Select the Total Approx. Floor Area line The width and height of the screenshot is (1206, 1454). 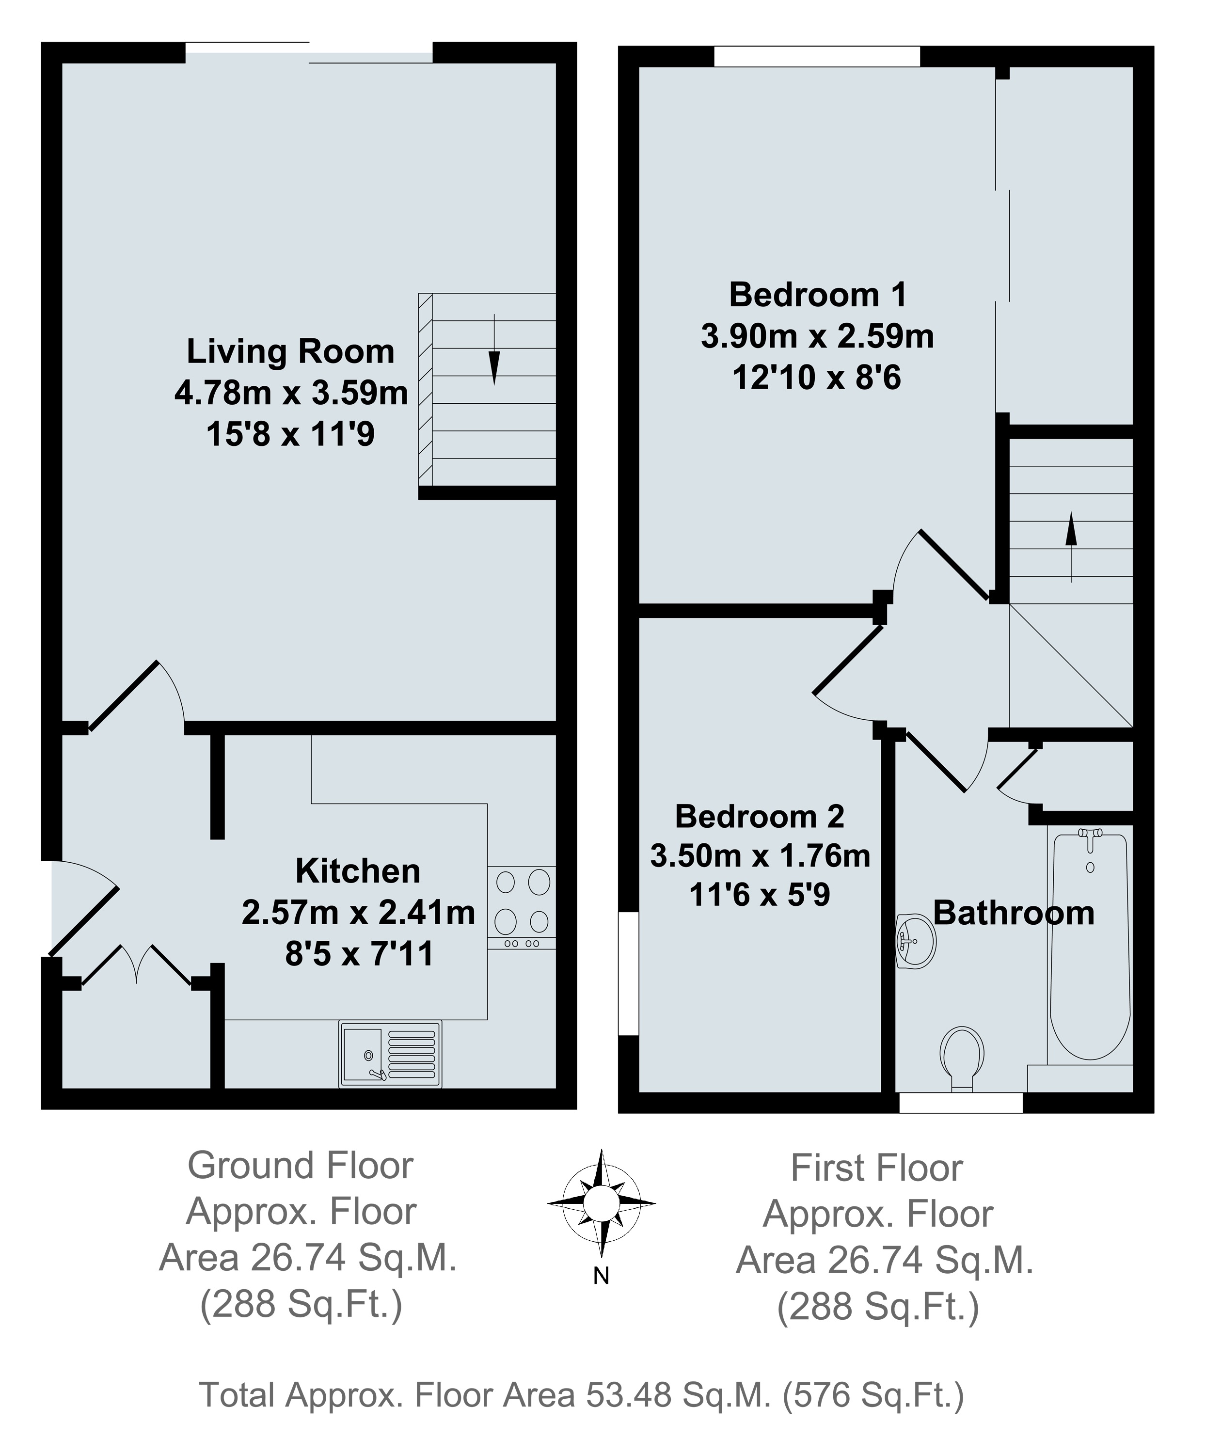tap(582, 1394)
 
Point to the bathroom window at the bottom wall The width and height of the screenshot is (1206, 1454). tap(960, 1102)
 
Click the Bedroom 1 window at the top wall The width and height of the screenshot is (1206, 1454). tap(816, 56)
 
